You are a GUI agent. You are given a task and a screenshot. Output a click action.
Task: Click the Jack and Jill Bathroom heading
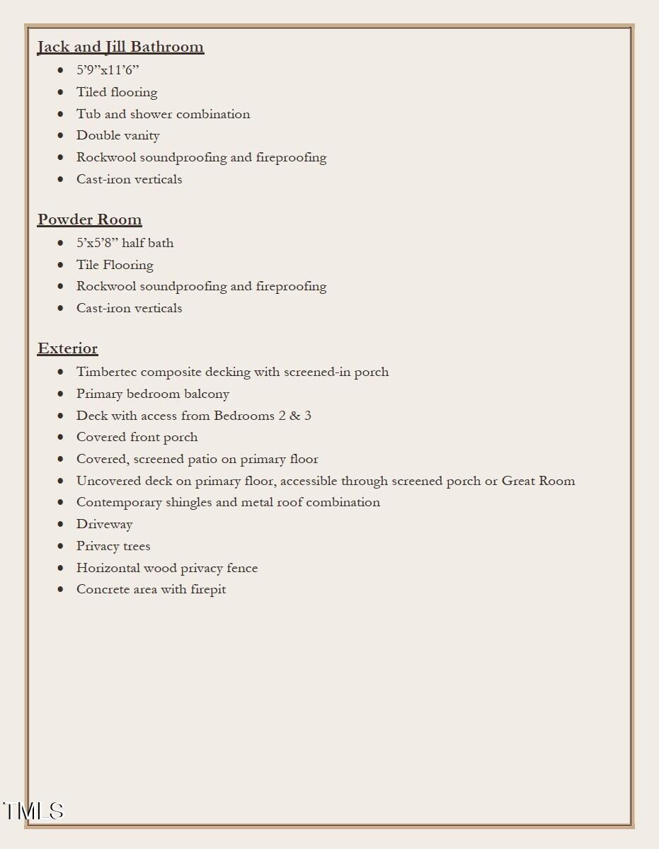click(120, 47)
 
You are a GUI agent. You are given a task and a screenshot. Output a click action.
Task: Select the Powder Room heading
click(89, 220)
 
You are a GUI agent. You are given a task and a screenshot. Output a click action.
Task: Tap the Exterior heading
click(67, 348)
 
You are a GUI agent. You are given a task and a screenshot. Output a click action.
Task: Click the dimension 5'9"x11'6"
click(108, 70)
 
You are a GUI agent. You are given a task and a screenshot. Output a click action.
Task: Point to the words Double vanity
click(118, 135)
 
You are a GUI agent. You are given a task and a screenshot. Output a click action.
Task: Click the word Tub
click(88, 114)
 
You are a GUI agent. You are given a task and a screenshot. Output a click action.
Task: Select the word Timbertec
click(106, 372)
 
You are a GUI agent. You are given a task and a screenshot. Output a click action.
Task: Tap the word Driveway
click(105, 524)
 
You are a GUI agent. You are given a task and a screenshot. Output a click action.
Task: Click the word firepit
click(208, 589)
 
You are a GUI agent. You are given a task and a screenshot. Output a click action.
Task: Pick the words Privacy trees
click(113, 546)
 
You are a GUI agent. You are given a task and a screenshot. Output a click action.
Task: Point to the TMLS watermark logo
click(33, 811)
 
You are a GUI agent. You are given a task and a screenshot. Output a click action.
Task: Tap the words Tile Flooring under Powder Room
click(115, 265)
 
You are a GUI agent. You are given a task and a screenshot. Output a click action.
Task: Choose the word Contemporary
click(119, 502)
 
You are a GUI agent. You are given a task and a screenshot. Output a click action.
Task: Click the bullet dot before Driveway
click(61, 524)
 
